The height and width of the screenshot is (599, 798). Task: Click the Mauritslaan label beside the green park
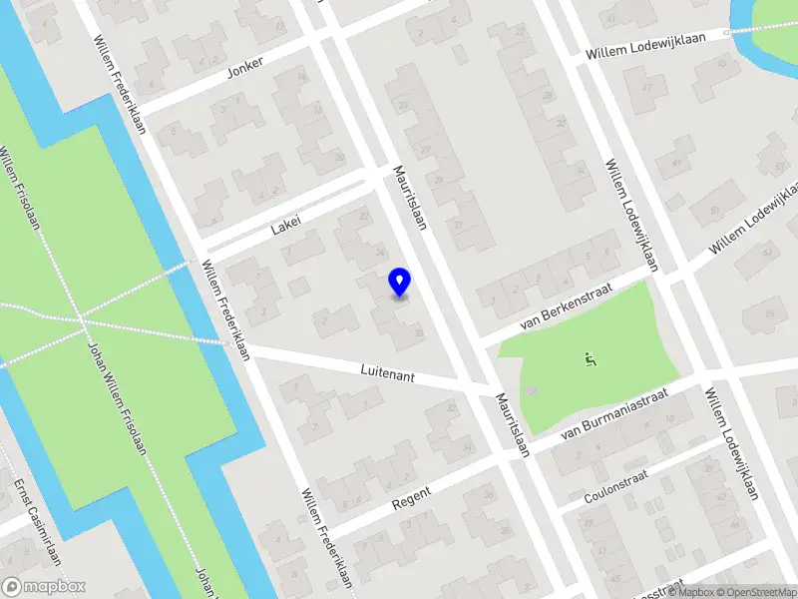[512, 423]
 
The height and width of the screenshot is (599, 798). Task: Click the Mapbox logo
[44, 587]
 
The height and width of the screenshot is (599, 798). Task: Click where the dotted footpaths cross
[82, 321]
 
